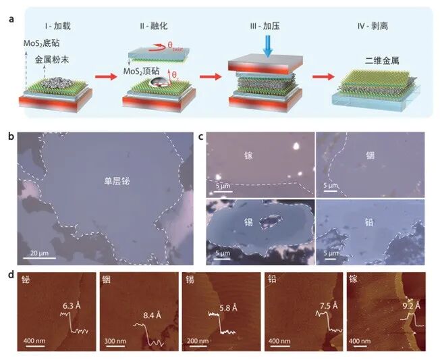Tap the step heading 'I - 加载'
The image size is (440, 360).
tap(57, 26)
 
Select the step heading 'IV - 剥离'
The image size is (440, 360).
tap(373, 26)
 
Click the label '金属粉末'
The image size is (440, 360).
tap(52, 59)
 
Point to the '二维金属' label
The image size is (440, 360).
tap(382, 61)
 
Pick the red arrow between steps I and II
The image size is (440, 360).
tap(106, 76)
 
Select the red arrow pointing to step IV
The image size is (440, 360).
tap(323, 76)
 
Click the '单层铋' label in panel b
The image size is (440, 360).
tap(117, 181)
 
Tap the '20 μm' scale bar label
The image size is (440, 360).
tap(39, 253)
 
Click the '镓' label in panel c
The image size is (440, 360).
tap(248, 155)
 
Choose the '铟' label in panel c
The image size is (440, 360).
tap(370, 155)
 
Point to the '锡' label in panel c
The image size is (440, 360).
tap(248, 222)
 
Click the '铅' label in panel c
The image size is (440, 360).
tap(369, 222)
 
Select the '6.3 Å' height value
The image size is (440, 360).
tap(72, 305)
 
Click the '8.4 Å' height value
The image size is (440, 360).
tap(152, 315)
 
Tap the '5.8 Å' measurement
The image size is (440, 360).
tap(228, 308)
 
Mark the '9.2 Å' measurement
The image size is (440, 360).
tap(412, 306)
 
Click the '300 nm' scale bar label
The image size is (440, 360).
tap(115, 341)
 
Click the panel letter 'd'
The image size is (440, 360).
tap(11, 275)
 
